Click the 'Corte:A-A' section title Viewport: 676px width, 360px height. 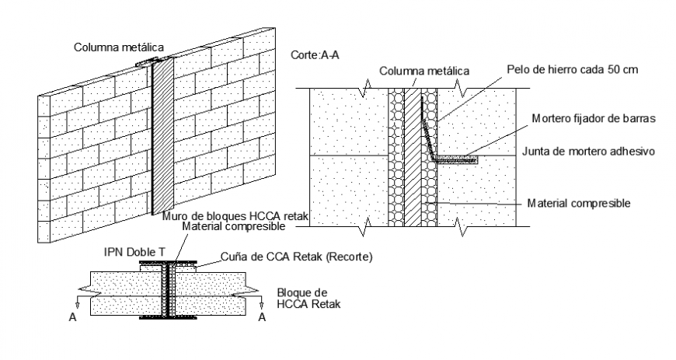tap(315, 55)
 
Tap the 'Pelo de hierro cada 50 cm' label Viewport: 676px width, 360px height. tap(572, 69)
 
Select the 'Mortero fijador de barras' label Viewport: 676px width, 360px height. tap(594, 118)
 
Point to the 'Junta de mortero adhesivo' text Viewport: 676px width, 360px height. tap(588, 152)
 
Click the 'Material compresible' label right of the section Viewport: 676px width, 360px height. tap(579, 203)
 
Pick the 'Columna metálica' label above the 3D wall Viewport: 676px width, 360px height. tap(119, 47)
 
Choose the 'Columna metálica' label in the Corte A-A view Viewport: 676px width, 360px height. tap(424, 71)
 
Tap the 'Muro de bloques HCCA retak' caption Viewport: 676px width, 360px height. tap(235, 216)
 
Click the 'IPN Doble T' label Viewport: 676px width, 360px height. tap(134, 252)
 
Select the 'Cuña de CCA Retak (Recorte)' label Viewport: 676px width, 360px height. tap(297, 257)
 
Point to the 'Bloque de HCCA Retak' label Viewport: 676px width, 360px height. tap(308, 299)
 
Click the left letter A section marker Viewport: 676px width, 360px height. tap(73, 317)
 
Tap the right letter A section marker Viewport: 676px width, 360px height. tap(262, 317)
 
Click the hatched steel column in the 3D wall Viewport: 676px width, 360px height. tap(162, 136)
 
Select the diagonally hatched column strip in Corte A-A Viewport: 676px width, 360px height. tap(413, 157)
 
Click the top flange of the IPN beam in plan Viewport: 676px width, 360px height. tap(168, 263)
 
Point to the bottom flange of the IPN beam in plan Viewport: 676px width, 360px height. tap(168, 318)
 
